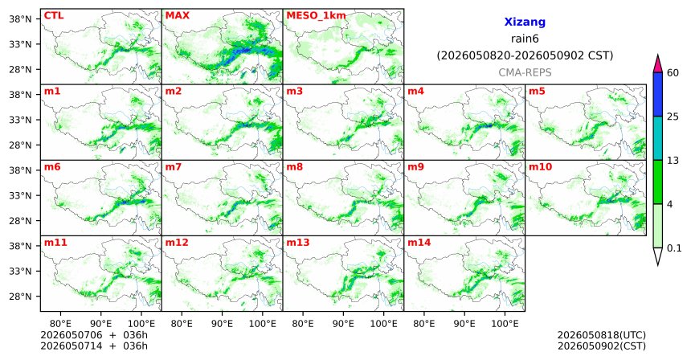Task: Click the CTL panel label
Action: pyautogui.click(x=54, y=15)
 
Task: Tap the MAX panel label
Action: pyautogui.click(x=177, y=15)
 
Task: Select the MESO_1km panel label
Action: pyautogui.click(x=316, y=16)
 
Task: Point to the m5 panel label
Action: pyautogui.click(x=537, y=92)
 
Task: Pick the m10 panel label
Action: pyautogui.click(x=540, y=167)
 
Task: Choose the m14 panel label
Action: pyautogui.click(x=419, y=243)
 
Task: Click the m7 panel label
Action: pyautogui.click(x=174, y=167)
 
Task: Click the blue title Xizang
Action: pyautogui.click(x=525, y=22)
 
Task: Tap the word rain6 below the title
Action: pyautogui.click(x=525, y=39)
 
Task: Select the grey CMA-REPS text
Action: pyautogui.click(x=525, y=72)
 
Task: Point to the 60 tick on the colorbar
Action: pyautogui.click(x=673, y=72)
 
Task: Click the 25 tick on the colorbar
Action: pyautogui.click(x=673, y=117)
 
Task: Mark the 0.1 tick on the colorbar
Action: pyautogui.click(x=674, y=248)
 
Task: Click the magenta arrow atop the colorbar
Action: pyautogui.click(x=658, y=63)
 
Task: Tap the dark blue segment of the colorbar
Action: pyautogui.click(x=658, y=94)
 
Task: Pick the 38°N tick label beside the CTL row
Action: pyautogui.click(x=21, y=19)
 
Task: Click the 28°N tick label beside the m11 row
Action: pyautogui.click(x=21, y=296)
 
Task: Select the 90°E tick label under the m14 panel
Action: pyautogui.click(x=464, y=324)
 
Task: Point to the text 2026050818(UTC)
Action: pyautogui.click(x=602, y=335)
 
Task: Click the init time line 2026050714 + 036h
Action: pyautogui.click(x=94, y=346)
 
